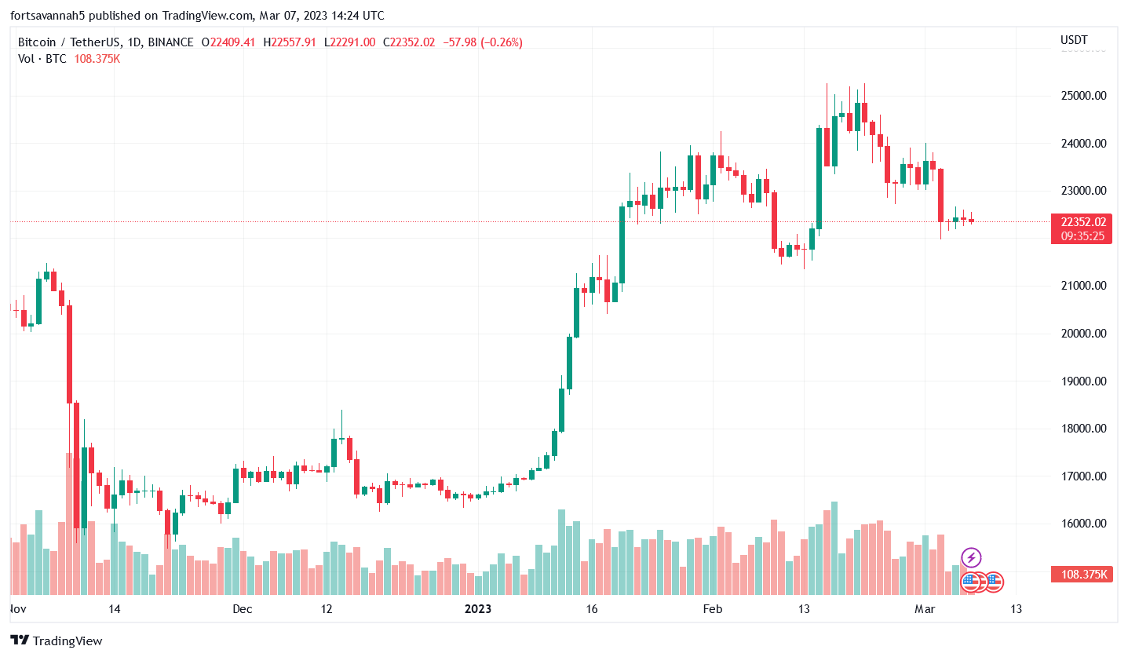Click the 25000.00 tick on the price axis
[x=1083, y=96]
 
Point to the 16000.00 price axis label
[x=1083, y=524]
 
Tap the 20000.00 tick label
[x=1083, y=334]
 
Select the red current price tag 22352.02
[x=1082, y=222]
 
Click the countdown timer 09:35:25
[x=1082, y=235]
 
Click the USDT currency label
[x=1074, y=40]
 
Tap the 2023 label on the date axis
[x=478, y=609]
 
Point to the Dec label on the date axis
[x=242, y=609]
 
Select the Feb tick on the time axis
[x=712, y=609]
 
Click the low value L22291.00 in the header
[x=352, y=42]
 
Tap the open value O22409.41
[x=228, y=42]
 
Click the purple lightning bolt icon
[x=972, y=558]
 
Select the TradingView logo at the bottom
[x=57, y=641]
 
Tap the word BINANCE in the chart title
[x=170, y=42]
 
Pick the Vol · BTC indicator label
[x=42, y=59]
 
